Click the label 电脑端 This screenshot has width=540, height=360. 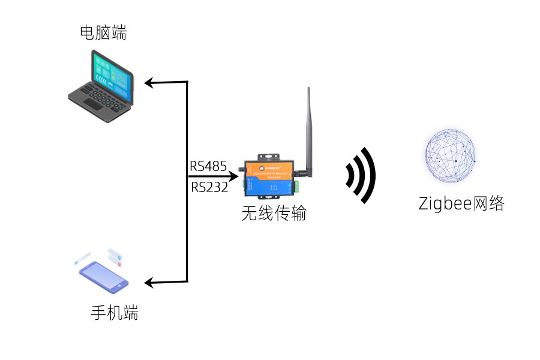[x=103, y=33]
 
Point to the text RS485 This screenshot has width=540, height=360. [x=208, y=166]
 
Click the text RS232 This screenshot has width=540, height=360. [x=210, y=187]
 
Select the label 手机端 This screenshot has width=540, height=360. [x=114, y=313]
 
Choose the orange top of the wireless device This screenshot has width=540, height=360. [x=270, y=166]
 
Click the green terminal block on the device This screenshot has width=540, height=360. [x=299, y=186]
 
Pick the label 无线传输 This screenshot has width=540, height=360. [x=274, y=214]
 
